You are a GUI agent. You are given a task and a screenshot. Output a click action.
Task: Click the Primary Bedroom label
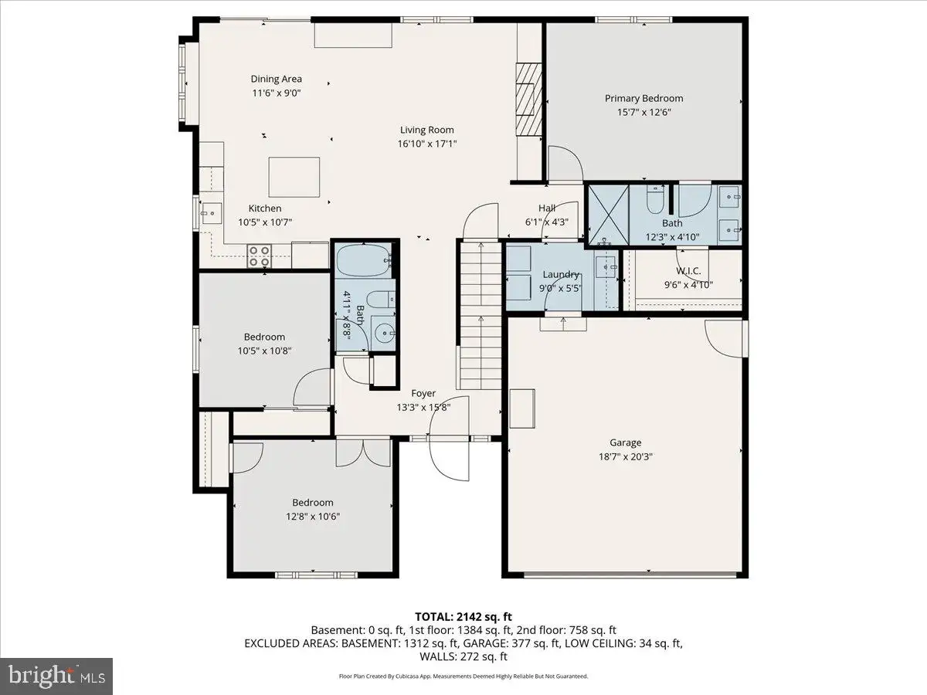tap(643, 98)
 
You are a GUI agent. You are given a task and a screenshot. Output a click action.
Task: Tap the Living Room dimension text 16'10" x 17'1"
tap(427, 144)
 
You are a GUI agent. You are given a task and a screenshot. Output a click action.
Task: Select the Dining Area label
tap(277, 79)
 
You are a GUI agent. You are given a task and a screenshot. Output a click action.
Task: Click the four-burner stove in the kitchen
tap(259, 256)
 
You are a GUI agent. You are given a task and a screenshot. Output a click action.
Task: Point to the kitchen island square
tap(294, 177)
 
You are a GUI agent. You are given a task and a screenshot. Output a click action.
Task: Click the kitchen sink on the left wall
tap(211, 213)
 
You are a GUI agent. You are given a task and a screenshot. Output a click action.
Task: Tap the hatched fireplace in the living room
tap(528, 99)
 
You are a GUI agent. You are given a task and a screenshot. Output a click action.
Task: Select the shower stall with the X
tap(609, 215)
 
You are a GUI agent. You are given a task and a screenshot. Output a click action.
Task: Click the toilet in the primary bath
tap(655, 200)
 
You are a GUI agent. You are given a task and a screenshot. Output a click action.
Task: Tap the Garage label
tap(626, 442)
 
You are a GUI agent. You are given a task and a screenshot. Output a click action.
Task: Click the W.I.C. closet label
tap(688, 271)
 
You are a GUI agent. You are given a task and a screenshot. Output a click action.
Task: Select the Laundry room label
tap(560, 275)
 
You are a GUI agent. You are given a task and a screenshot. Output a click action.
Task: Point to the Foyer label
tap(423, 393)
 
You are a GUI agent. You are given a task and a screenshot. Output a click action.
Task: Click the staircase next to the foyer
tap(480, 315)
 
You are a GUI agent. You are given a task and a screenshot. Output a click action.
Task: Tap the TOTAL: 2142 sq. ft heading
tap(463, 617)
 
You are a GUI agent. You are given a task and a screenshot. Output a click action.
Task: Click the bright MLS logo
tap(56, 676)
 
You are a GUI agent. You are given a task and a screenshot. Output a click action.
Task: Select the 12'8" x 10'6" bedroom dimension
tap(313, 517)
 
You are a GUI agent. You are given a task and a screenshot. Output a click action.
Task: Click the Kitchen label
tap(265, 208)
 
